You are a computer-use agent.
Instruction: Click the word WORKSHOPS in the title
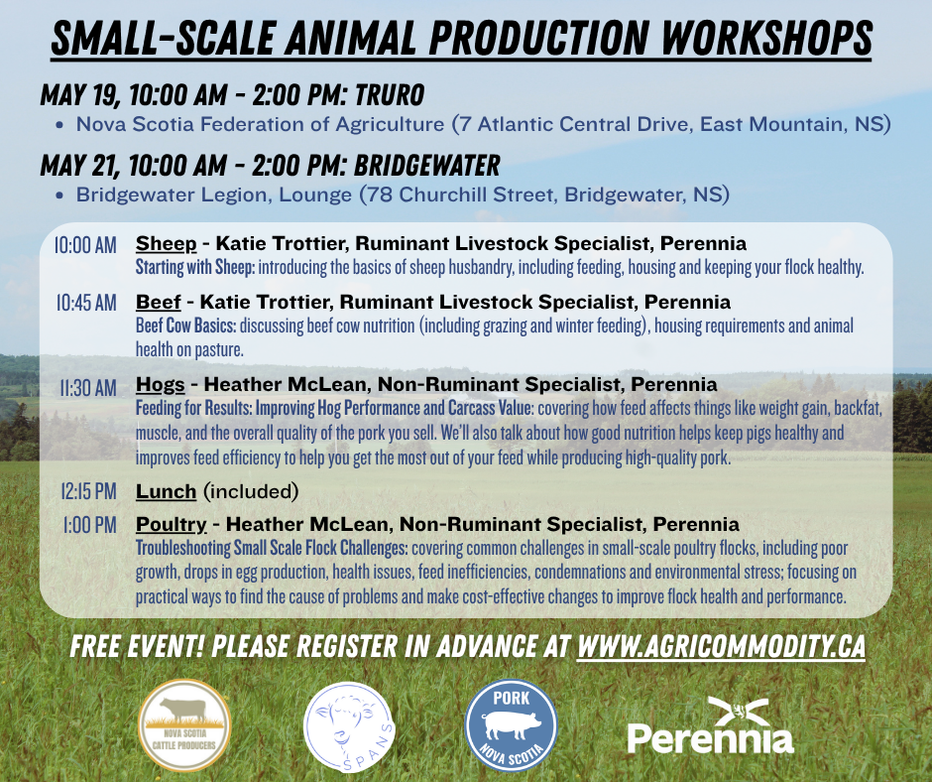(766, 38)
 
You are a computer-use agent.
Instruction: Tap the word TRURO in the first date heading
(390, 95)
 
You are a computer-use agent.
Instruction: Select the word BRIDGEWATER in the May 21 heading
(426, 166)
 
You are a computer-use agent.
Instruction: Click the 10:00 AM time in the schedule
(85, 244)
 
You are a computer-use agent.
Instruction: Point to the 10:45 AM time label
(87, 303)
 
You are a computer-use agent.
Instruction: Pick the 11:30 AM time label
(88, 388)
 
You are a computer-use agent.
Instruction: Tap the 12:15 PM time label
(89, 491)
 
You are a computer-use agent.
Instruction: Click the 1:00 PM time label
(90, 525)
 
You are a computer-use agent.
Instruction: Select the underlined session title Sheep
(166, 244)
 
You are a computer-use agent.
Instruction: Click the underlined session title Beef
(158, 303)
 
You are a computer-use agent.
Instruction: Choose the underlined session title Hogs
(161, 385)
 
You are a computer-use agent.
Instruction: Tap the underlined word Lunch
(166, 491)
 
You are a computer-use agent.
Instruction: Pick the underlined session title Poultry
(172, 525)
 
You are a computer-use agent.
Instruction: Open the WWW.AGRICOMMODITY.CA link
(721, 647)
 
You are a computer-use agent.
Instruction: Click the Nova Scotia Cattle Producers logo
(184, 725)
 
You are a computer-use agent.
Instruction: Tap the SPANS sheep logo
(349, 727)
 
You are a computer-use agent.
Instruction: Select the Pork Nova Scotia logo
(512, 725)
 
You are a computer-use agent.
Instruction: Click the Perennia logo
(710, 725)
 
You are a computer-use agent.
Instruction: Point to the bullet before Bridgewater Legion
(59, 195)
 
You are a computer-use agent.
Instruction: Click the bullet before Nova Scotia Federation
(59, 125)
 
